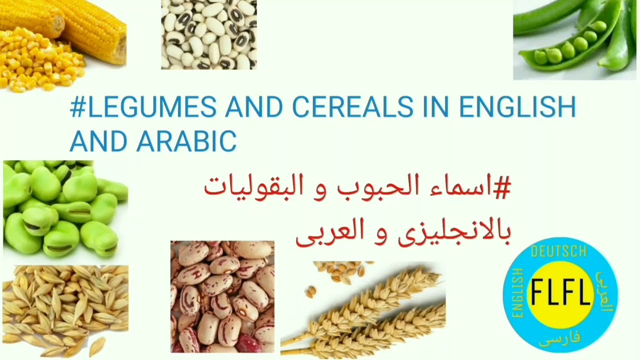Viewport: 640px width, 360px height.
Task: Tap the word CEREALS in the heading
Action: pos(353,107)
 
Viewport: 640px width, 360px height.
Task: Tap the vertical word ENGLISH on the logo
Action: pos(518,293)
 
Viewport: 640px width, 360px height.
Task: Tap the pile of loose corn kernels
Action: pos(35,62)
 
